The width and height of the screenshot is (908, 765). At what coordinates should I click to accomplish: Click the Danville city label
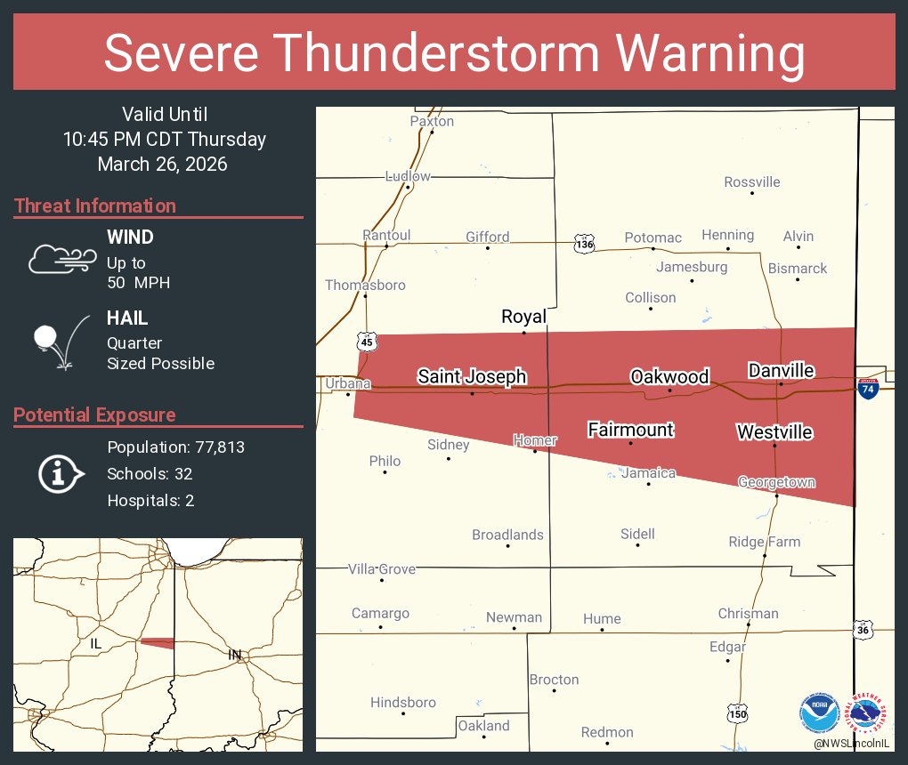781,370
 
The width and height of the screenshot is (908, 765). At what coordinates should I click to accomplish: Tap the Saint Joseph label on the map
472,377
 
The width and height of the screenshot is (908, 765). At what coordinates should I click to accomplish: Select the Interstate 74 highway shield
866,388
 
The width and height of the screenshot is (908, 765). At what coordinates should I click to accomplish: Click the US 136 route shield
583,244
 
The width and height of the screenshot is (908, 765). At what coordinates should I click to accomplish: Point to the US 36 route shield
862,629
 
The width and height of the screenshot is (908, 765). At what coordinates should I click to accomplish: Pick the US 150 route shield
738,713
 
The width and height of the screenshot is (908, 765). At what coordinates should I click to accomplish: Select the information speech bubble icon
60,474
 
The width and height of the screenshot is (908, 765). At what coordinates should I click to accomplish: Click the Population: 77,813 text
175,447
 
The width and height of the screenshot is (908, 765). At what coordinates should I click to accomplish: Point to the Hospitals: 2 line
150,500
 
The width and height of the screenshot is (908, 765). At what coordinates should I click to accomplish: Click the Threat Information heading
95,205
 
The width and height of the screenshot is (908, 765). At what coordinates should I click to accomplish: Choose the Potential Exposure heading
95,415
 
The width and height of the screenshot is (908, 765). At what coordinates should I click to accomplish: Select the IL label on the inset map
98,642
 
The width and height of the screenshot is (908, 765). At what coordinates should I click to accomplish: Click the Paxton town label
432,121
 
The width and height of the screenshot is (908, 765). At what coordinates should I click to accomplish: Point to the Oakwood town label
669,376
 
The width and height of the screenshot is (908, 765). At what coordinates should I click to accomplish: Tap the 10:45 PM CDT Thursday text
164,139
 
